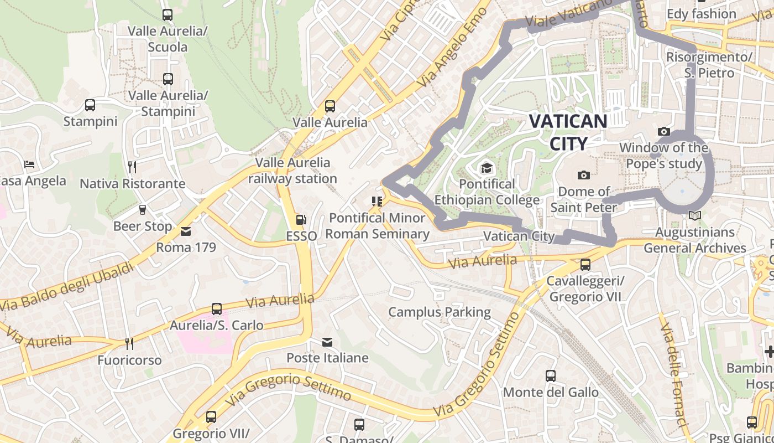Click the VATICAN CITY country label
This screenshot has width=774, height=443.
point(568,132)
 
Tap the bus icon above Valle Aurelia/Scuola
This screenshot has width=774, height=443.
point(168,15)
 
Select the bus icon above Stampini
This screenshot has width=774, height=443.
point(90,105)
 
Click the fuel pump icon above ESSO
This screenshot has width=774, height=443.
point(301,220)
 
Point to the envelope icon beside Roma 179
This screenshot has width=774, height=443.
point(186,231)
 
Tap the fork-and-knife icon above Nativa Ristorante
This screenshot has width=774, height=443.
point(132,167)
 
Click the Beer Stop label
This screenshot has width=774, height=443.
point(143,226)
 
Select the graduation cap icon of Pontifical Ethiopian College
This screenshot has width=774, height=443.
point(487,168)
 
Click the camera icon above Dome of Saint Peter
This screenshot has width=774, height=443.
point(583,176)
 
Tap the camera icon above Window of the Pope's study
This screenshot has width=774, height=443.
point(664,132)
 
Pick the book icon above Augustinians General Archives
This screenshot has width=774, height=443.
point(695,216)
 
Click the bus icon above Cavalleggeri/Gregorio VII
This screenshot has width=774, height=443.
point(585,265)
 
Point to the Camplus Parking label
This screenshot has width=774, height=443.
point(440,312)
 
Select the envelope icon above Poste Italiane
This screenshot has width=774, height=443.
point(327,342)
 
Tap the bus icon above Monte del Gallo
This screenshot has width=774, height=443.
point(551,376)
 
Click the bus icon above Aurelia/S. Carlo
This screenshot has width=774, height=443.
point(217,309)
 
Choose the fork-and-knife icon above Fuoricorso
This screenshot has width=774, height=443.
point(129,344)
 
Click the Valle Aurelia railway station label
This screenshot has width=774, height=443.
point(292,171)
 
